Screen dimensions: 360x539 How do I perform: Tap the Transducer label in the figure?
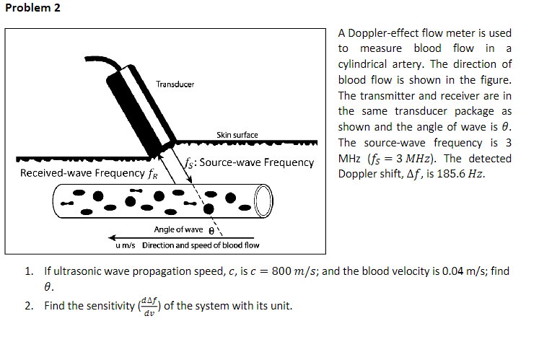pos(175,84)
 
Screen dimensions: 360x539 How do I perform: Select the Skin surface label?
pos(237,135)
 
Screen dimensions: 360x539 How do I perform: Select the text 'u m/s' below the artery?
pos(126,245)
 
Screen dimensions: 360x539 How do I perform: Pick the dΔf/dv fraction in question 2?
pos(149,305)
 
